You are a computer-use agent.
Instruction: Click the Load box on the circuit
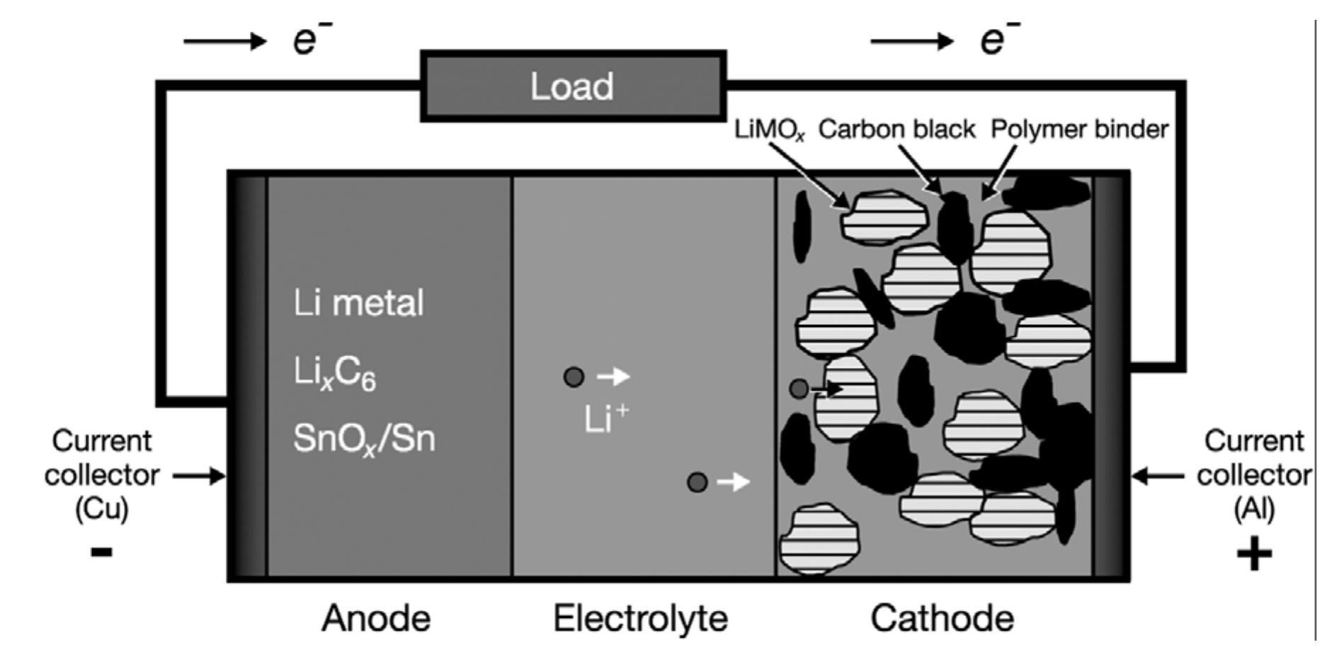573,86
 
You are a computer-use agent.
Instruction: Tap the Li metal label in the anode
358,303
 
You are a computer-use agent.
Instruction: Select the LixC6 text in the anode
334,373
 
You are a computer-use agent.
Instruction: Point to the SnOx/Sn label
364,440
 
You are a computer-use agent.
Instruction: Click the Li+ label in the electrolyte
606,419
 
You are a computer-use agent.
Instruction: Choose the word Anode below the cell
376,619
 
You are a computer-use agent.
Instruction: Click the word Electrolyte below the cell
640,619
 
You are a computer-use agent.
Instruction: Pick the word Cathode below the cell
942,619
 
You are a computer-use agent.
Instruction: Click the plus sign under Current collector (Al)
1254,555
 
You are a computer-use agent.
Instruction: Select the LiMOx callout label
770,131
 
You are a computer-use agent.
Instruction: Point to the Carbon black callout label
896,130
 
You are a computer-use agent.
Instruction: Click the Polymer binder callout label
1078,130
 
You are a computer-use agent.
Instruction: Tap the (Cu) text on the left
101,509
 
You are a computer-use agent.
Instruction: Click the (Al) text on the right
1253,509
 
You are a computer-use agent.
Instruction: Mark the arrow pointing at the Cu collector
199,476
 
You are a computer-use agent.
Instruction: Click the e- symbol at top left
310,40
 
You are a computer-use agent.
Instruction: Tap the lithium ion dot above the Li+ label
574,377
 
